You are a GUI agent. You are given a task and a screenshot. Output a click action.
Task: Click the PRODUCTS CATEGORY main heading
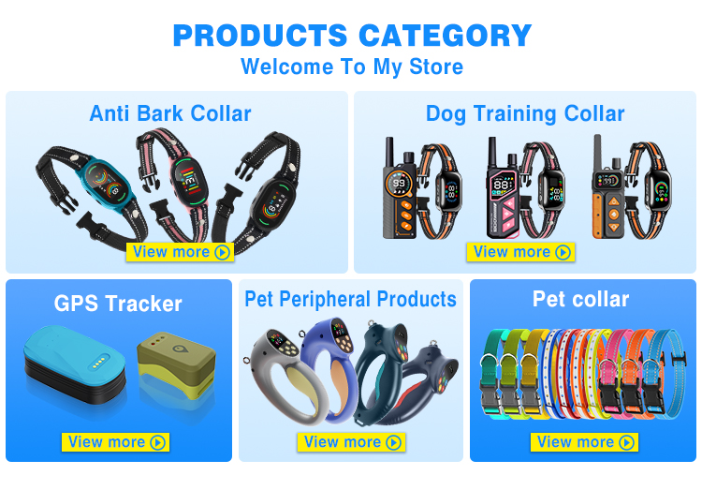tap(352, 36)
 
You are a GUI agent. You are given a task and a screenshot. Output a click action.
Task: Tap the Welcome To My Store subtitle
tap(352, 67)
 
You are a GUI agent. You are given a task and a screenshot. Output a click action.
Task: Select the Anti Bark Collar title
tap(170, 114)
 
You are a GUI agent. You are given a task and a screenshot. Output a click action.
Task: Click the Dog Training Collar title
tap(525, 114)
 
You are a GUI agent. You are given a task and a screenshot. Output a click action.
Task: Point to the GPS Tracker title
tap(118, 304)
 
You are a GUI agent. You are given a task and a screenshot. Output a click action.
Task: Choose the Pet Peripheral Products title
tap(351, 300)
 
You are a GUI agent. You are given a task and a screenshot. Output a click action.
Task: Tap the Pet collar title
tap(580, 300)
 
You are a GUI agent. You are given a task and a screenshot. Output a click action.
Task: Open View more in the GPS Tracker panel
tap(116, 442)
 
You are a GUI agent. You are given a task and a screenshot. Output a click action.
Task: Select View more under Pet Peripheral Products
tap(351, 442)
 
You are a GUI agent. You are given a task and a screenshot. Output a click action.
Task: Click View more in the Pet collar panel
tap(584, 442)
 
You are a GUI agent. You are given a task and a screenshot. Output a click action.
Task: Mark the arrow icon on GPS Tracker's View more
tap(157, 442)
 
